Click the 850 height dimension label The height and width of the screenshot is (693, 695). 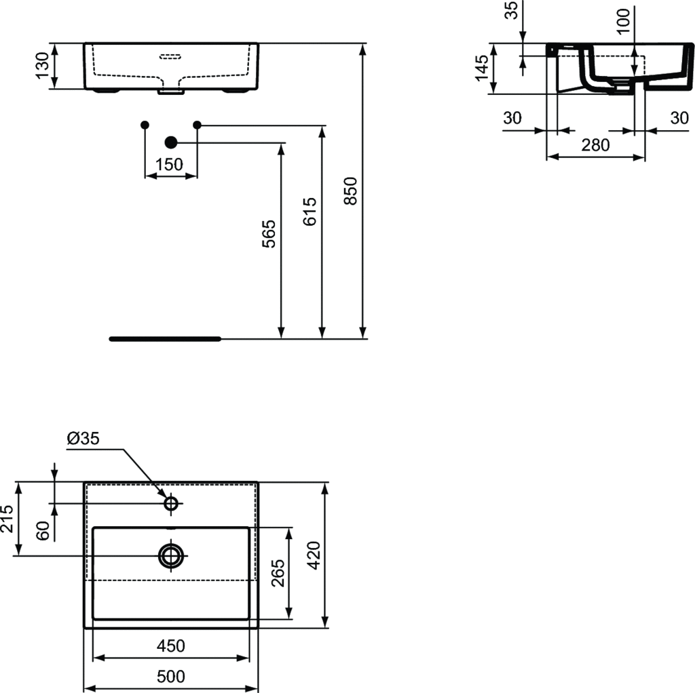350,191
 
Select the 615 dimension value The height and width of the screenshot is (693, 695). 309,212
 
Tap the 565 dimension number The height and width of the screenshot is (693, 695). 269,234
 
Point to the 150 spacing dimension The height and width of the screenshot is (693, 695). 169,165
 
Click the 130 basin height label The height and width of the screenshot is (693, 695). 43,66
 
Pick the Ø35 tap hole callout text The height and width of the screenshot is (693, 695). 83,439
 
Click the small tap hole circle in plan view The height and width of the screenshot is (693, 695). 171,504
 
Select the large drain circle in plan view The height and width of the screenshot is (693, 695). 171,555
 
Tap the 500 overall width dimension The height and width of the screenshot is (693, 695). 171,676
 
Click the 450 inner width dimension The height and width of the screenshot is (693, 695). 171,646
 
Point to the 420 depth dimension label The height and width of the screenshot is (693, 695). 314,555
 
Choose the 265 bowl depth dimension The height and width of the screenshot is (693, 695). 278,573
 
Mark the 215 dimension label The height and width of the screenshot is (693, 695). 7,519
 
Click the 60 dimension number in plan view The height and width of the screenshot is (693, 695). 43,530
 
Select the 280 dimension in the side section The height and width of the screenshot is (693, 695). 595,145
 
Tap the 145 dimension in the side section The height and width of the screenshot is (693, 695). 482,68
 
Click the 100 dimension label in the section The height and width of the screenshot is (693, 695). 623,21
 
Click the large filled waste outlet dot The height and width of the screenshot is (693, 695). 170,142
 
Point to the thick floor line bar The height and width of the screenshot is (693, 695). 166,339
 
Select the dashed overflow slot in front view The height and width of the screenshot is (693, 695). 170,56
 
